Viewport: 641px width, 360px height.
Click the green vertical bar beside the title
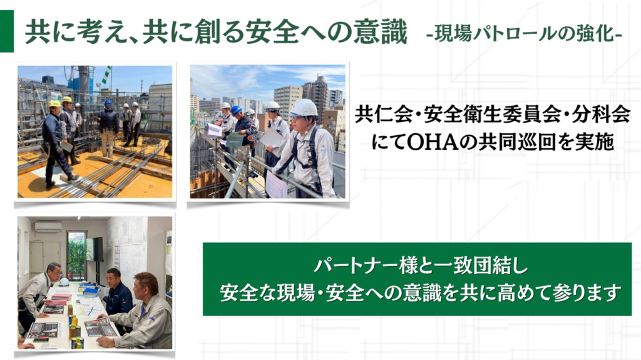[x=6, y=31]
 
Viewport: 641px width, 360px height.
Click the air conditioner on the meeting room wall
[x=48, y=226]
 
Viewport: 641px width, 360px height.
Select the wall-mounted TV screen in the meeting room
[x=95, y=249]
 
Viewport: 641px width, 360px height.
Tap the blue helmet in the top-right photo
[x=236, y=110]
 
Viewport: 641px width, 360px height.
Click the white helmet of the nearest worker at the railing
[x=304, y=108]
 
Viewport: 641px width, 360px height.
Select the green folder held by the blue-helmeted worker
[x=234, y=140]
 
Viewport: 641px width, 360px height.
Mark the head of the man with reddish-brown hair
[x=146, y=285]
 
